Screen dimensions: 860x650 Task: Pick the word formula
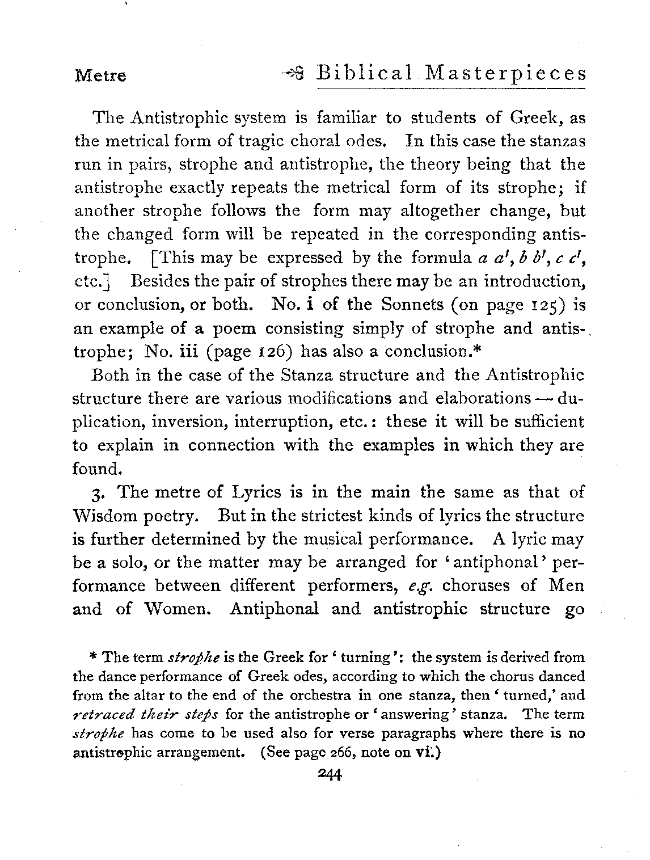pos(443,258)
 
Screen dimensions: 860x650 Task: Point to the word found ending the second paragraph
pos(98,469)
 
